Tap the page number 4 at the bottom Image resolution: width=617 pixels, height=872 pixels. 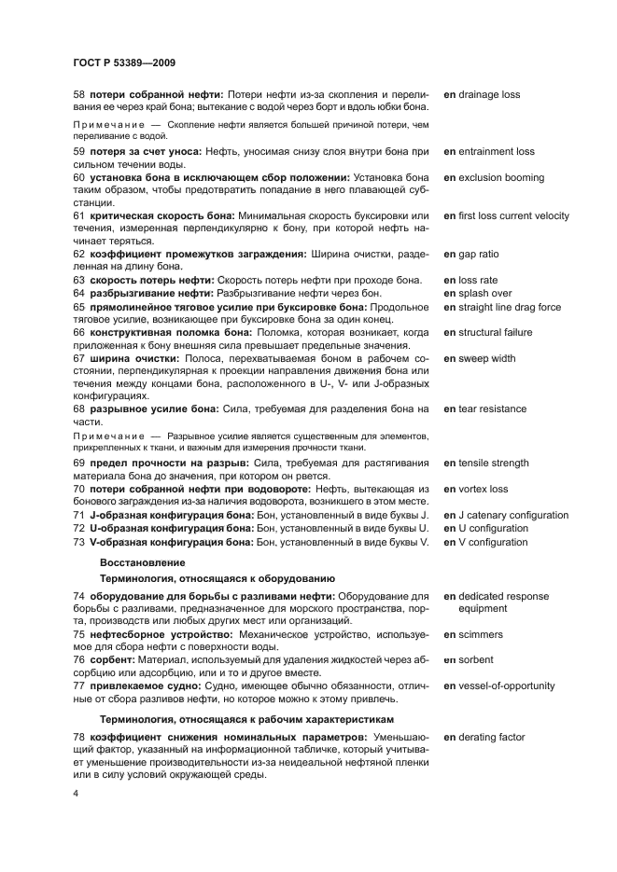pyautogui.click(x=76, y=794)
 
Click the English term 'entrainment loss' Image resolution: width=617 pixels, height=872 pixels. pyautogui.click(x=496, y=152)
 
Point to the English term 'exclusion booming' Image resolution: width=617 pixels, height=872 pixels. pyautogui.click(x=500, y=178)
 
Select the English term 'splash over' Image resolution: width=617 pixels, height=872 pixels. pyautogui.click(x=484, y=294)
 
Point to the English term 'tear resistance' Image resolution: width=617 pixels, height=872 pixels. pyautogui.click(x=491, y=409)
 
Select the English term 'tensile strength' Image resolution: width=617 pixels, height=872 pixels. pyautogui.click(x=493, y=464)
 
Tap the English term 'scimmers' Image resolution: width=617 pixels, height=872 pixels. pyautogui.click(x=480, y=635)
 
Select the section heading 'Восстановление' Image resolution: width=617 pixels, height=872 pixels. pyautogui.click(x=142, y=562)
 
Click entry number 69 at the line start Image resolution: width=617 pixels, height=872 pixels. pyautogui.click(x=79, y=464)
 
